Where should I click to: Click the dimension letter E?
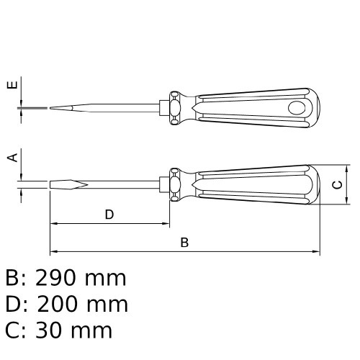pyautogui.click(x=12, y=85)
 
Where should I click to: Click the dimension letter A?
pyautogui.click(x=12, y=158)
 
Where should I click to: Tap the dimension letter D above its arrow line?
pyautogui.click(x=109, y=215)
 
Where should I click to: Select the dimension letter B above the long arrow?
pyautogui.click(x=184, y=243)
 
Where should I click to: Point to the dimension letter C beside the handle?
pyautogui.click(x=337, y=185)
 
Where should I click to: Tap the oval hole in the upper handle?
pyautogui.click(x=297, y=108)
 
